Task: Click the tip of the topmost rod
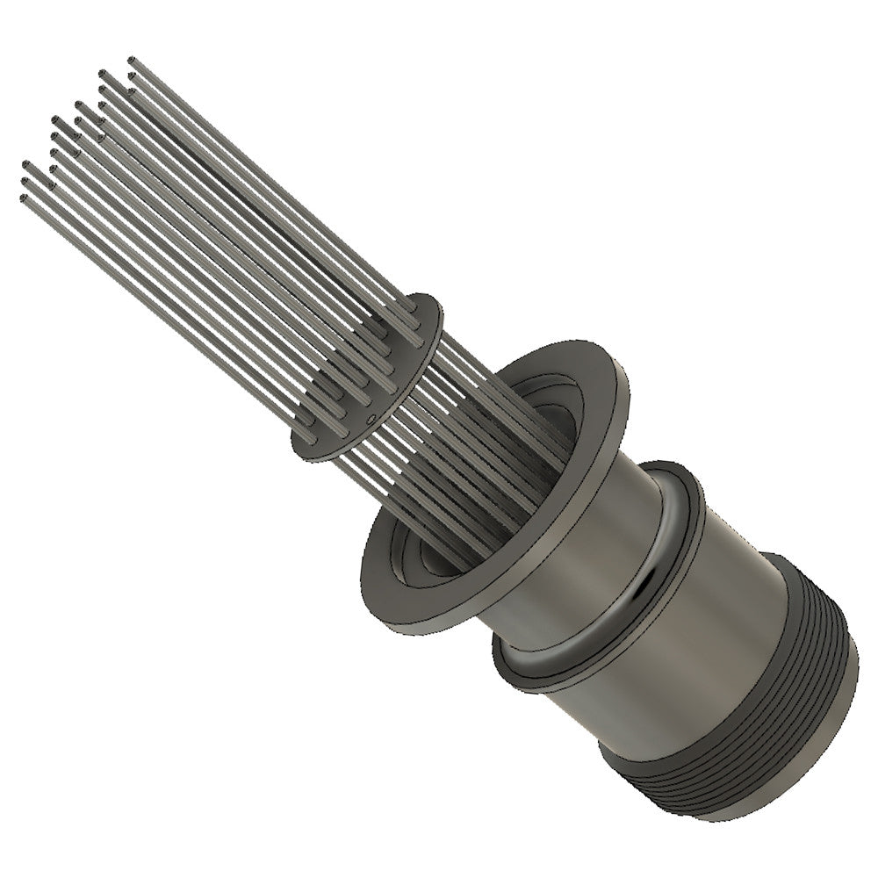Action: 132,61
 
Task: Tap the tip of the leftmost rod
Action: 22,199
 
